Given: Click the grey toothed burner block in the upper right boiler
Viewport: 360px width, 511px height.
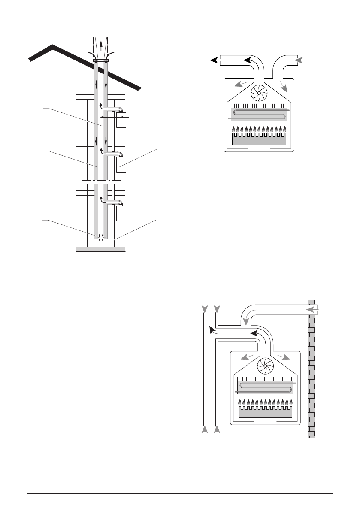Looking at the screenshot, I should (259, 139).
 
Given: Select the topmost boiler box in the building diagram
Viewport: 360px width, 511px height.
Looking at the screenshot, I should (121, 121).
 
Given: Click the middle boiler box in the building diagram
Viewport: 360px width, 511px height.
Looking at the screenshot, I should (121, 165).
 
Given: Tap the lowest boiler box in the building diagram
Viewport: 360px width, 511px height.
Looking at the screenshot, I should (121, 213).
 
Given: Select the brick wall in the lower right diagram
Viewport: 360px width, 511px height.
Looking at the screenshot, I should (312, 369).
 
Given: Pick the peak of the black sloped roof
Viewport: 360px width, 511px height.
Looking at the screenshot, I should (52, 45).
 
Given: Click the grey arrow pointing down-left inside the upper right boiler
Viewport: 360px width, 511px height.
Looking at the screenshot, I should (242, 84).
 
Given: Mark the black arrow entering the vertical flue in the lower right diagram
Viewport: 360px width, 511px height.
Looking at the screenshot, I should (212, 330).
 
